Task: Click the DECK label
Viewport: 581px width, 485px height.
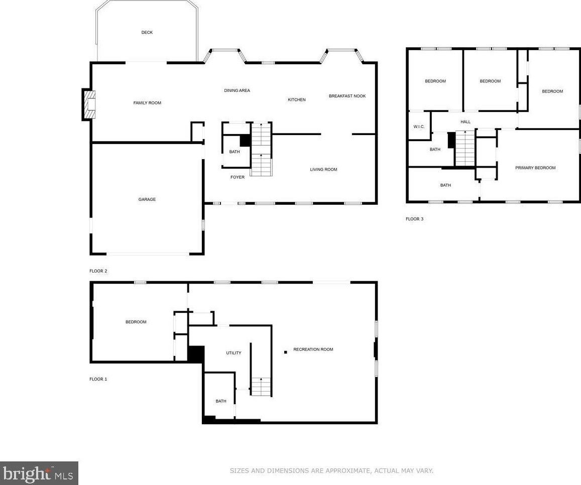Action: click(x=147, y=33)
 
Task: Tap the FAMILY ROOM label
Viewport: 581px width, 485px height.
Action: click(x=147, y=103)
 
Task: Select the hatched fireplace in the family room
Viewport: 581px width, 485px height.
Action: click(x=90, y=105)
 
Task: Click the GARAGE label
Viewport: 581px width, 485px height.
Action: click(x=147, y=199)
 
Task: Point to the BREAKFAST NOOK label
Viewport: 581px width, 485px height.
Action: click(x=347, y=96)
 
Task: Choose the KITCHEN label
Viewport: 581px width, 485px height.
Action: click(x=297, y=100)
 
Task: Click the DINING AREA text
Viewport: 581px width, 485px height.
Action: click(x=237, y=90)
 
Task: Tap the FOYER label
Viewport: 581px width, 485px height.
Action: click(x=238, y=177)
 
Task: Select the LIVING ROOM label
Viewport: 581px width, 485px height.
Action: click(x=323, y=170)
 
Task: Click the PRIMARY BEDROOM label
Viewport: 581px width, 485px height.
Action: click(x=535, y=168)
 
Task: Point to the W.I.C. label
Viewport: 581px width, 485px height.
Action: click(x=419, y=127)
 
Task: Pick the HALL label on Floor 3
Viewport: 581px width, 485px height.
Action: click(x=466, y=122)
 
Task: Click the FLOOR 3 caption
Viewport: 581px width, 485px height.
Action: click(x=414, y=219)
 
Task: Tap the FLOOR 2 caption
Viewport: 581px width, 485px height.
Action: click(x=98, y=271)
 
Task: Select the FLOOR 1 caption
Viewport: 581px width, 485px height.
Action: click(x=98, y=379)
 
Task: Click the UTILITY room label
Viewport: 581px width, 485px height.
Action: click(x=234, y=353)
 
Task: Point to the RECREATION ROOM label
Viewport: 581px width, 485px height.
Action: click(x=313, y=349)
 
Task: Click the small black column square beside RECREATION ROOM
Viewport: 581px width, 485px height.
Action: click(x=285, y=352)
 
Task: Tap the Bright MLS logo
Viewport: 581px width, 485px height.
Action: click(x=39, y=473)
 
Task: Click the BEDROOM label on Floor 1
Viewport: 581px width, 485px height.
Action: click(x=136, y=322)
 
